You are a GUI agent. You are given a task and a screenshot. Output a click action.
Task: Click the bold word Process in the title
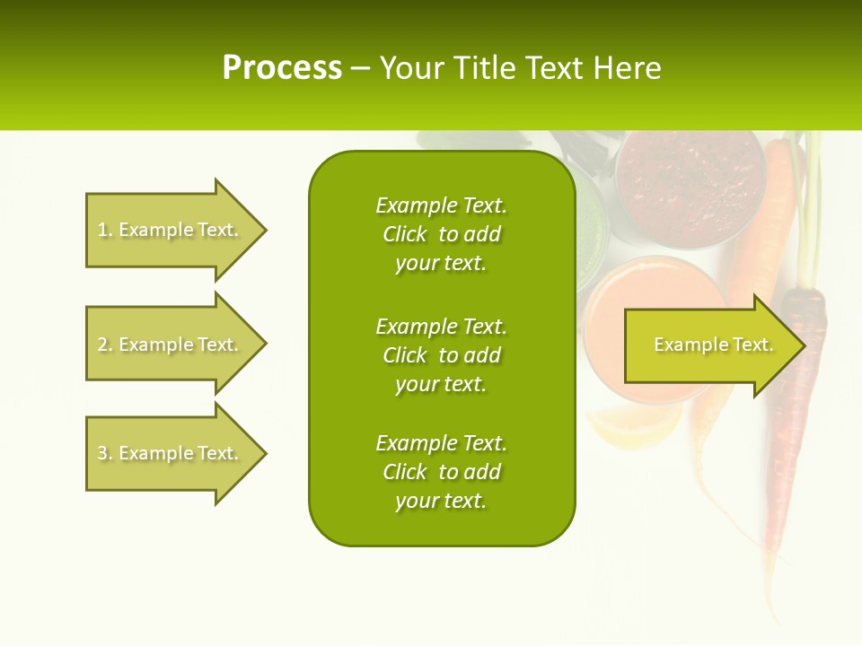point(282,68)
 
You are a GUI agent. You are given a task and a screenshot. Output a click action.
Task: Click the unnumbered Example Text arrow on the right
point(709,345)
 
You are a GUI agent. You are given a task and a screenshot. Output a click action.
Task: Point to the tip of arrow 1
point(265,230)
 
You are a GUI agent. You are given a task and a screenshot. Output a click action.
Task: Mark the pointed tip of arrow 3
point(265,453)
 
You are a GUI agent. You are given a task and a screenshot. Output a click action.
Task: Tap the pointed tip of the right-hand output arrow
point(802,345)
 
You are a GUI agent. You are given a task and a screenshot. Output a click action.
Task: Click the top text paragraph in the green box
point(441,234)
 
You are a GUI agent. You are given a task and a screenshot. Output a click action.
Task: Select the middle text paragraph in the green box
point(441,355)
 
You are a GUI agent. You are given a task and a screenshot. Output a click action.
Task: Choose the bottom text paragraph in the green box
point(441,472)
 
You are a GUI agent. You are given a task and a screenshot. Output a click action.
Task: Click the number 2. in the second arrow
point(105,345)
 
